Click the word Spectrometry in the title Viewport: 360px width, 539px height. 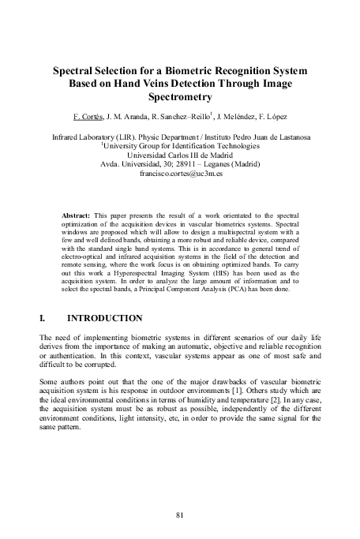[x=180, y=99]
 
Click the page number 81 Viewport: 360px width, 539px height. [x=180, y=515]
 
